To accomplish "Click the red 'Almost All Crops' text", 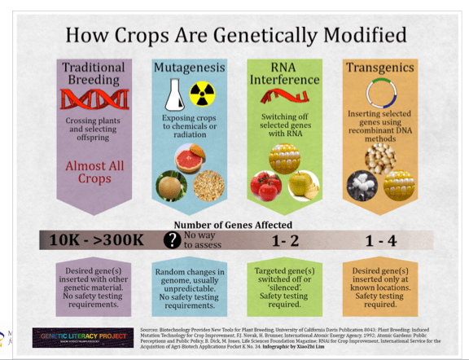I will [x=91, y=173].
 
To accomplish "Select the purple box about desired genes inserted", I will [x=91, y=284].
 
